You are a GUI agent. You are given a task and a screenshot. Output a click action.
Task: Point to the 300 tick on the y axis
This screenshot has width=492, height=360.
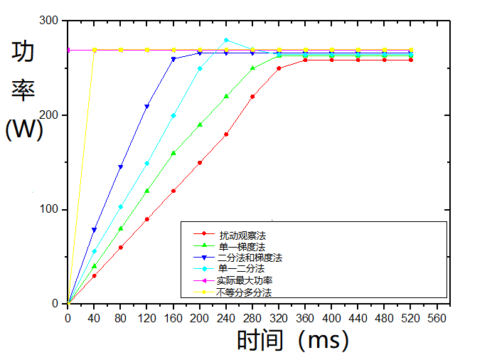[x=49, y=21]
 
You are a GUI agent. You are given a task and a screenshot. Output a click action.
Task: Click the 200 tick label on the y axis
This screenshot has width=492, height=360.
[x=49, y=115]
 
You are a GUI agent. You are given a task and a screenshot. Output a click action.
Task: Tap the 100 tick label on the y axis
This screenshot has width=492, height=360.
[x=49, y=210]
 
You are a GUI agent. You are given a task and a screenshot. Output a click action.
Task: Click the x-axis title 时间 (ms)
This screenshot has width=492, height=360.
[x=292, y=340]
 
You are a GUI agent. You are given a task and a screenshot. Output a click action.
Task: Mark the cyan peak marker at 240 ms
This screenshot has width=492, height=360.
[x=226, y=40]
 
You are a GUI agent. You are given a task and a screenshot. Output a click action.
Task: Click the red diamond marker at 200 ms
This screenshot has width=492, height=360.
[x=200, y=162]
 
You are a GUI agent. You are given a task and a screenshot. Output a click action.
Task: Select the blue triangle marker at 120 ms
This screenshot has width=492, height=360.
[x=147, y=106]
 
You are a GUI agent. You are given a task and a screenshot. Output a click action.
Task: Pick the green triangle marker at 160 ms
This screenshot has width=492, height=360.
[x=173, y=152]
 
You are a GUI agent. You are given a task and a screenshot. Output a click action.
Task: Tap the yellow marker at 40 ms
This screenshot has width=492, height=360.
[x=95, y=50]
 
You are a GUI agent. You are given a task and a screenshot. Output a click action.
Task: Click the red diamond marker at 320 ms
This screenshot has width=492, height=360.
[x=279, y=68]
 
